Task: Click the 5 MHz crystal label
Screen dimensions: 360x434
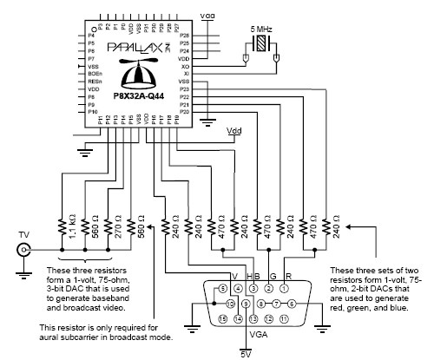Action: tap(260, 27)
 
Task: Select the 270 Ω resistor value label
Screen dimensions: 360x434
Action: tap(117, 231)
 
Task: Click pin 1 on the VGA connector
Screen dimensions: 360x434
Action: tap(284, 288)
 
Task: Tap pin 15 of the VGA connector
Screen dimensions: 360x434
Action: tap(223, 319)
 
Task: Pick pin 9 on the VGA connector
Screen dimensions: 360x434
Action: tap(246, 304)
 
